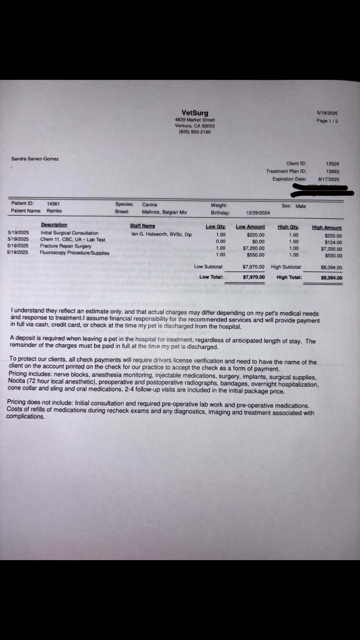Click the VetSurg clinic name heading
coord(195,113)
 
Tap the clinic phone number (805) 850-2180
coord(195,132)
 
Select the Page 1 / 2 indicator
coord(327,121)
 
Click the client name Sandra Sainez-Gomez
coord(35,159)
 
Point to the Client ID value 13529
coord(332,164)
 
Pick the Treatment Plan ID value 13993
coord(332,172)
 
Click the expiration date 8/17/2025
coord(328,179)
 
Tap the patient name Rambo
coord(54,211)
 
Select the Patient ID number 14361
coord(53,204)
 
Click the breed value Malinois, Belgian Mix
coord(164,212)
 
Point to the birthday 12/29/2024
coord(258,213)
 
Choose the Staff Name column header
coord(142,226)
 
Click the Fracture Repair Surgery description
coord(66,246)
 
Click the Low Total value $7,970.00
coord(254,277)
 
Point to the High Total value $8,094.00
coord(331,278)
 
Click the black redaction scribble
coord(322,191)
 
